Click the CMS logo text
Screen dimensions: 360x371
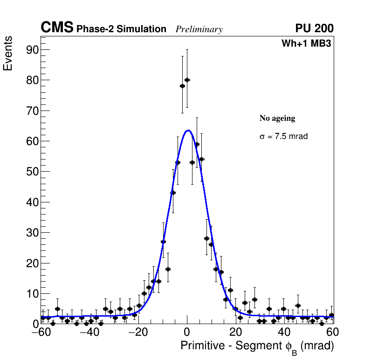point(57,28)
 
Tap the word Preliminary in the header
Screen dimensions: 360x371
point(199,29)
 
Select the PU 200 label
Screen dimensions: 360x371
point(314,28)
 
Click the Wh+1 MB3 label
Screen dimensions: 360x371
point(306,44)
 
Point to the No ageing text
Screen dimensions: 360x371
point(277,118)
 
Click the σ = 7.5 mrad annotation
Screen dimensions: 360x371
point(283,137)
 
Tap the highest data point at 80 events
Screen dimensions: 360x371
point(187,80)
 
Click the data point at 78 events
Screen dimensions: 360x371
point(182,86)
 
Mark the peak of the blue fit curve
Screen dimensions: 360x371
point(188,131)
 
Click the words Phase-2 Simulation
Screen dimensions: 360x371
point(121,29)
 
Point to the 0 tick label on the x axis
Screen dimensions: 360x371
point(187,332)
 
